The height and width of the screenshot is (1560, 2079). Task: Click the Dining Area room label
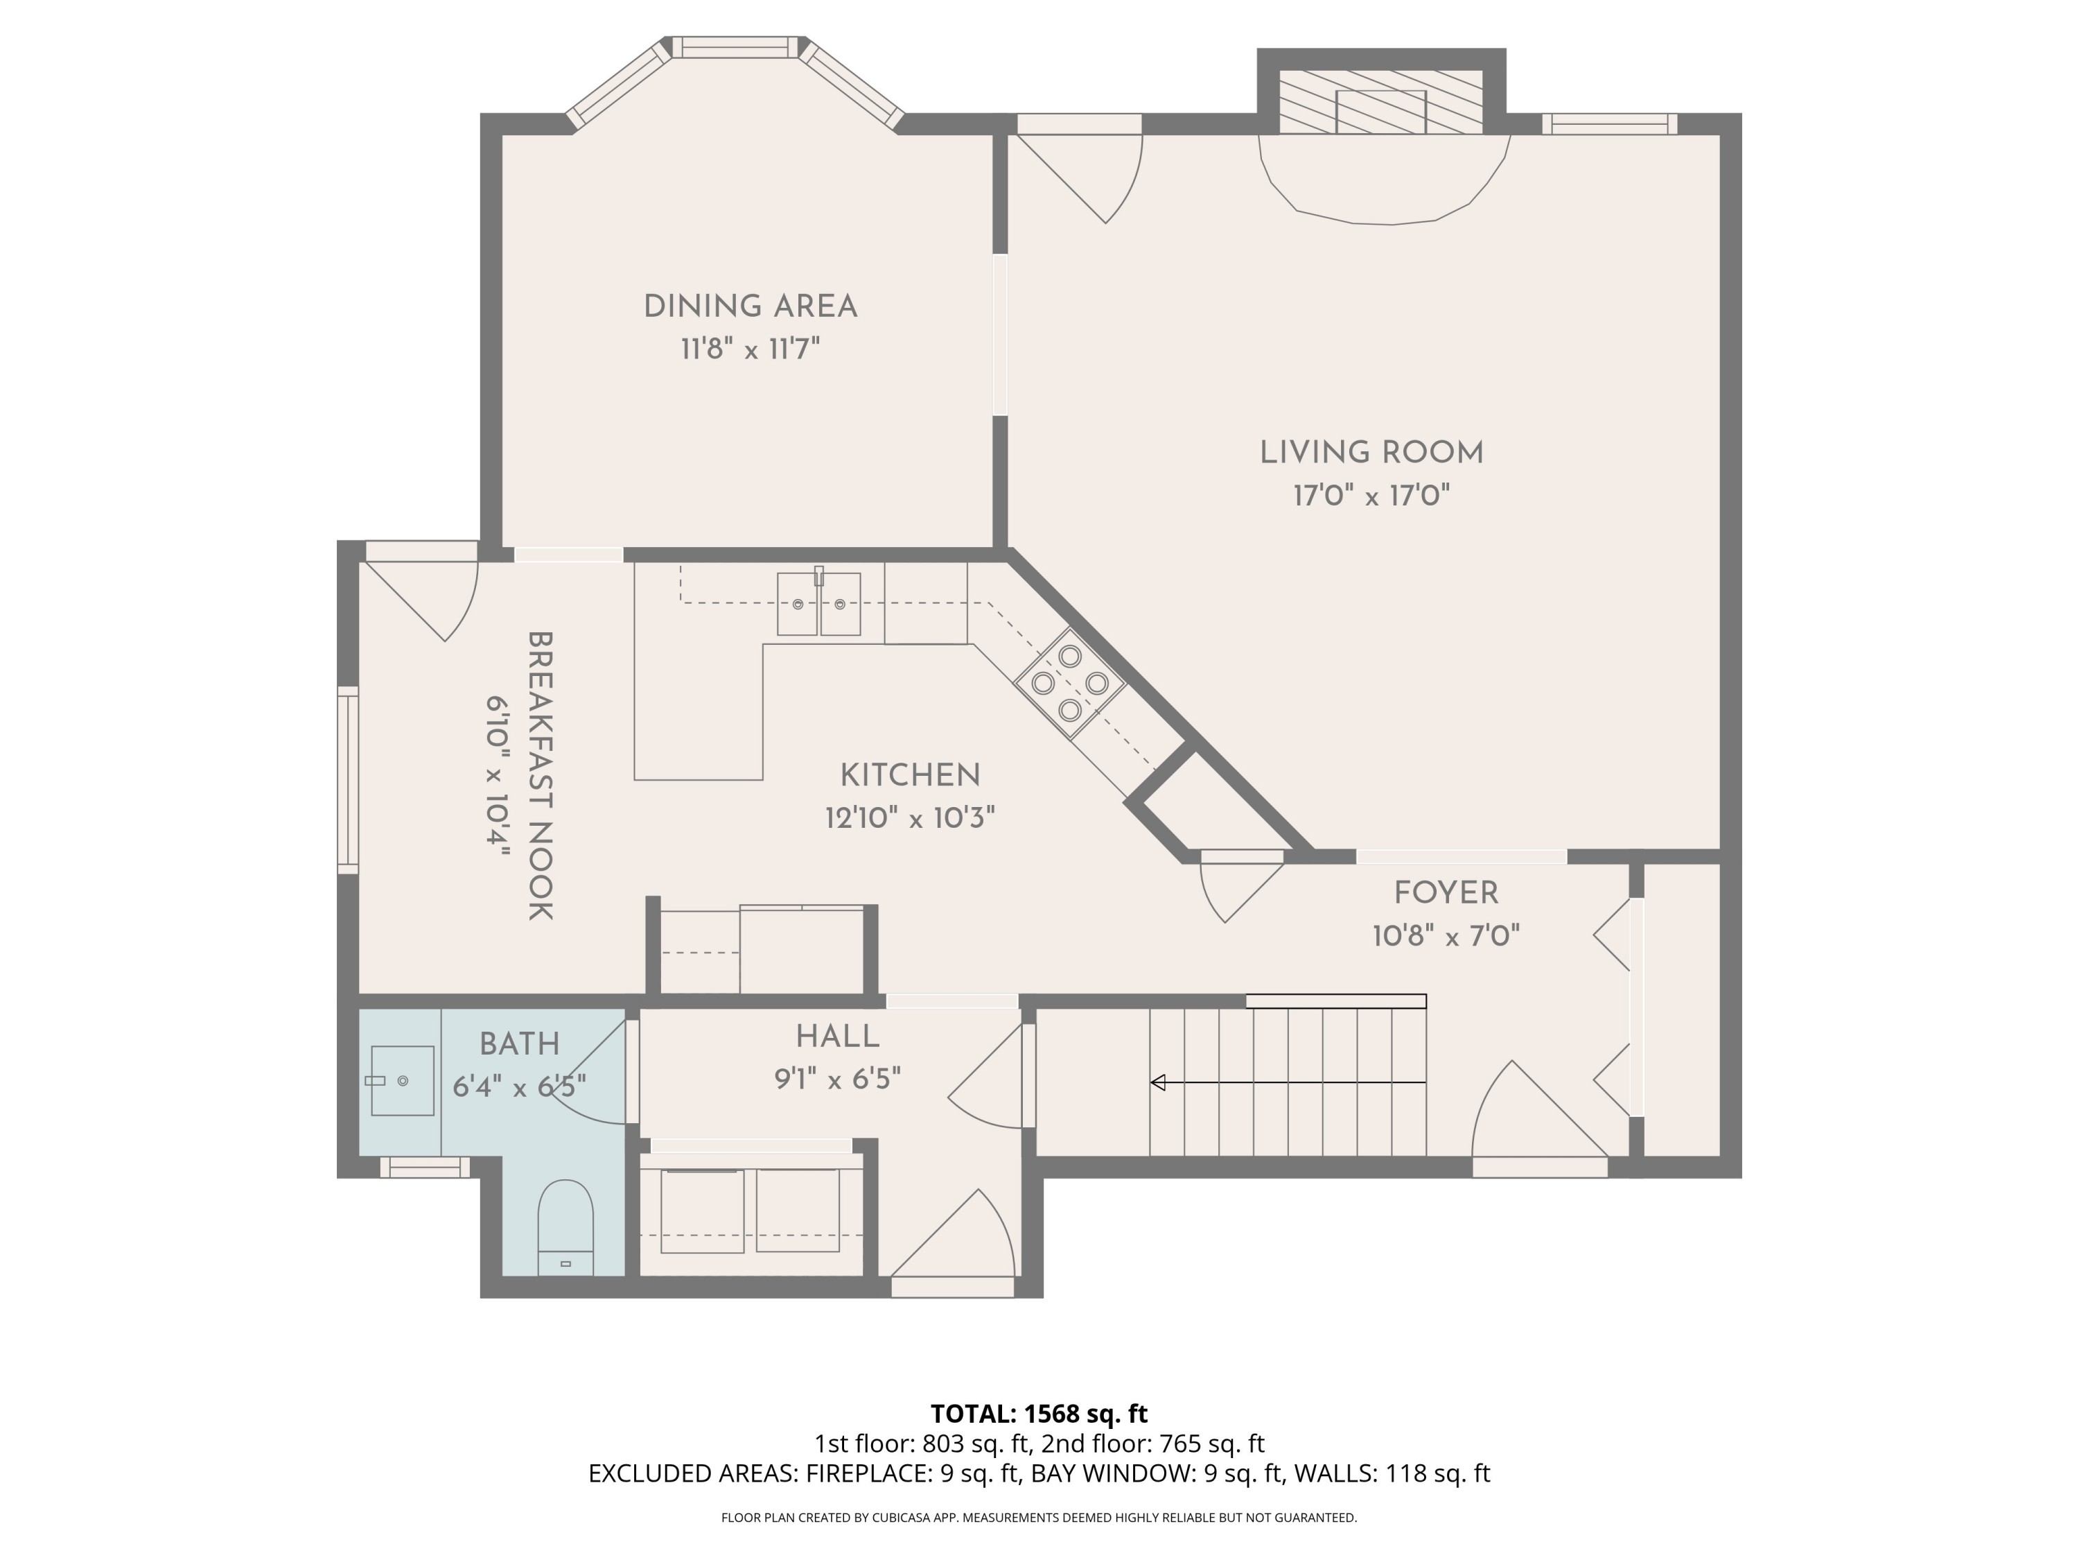point(750,306)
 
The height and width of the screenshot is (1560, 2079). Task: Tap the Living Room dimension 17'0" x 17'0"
point(1371,496)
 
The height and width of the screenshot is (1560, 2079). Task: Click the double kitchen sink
point(818,605)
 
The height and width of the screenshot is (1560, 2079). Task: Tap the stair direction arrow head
point(1158,1082)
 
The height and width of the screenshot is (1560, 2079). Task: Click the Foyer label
point(1446,892)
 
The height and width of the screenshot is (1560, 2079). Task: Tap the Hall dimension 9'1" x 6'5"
point(837,1079)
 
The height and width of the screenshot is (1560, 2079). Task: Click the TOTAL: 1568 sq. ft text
point(1039,1413)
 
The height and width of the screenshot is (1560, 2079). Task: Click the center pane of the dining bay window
point(735,47)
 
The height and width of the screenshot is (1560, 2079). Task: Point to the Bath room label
point(519,1043)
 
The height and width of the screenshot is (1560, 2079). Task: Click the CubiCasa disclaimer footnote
point(1039,1518)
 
